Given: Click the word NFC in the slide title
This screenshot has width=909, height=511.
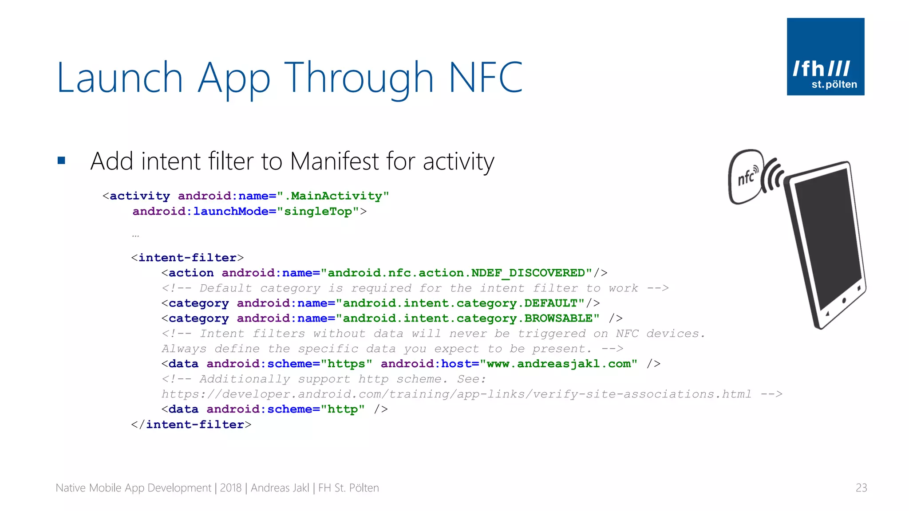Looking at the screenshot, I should coord(486,78).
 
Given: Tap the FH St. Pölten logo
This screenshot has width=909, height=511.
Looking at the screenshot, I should coord(825,57).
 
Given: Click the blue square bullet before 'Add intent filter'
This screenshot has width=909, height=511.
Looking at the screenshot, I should coord(61,161).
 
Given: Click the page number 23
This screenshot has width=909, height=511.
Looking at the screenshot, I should coord(861,488).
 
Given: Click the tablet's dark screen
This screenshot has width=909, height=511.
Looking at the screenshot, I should coord(828,240).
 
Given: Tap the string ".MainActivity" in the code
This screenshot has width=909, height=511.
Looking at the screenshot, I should coord(333,196).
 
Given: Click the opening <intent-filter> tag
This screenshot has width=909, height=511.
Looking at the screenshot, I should coord(187,258).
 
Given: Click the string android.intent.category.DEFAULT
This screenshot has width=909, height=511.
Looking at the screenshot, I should coord(460,303).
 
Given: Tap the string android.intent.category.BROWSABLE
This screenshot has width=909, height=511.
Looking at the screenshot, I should coord(467,318).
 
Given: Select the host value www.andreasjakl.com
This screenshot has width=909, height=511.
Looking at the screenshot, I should coord(558,364).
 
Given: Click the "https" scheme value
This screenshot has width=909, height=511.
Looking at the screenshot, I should coord(346,364).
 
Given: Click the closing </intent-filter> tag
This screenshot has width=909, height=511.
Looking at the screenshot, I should coord(191,425).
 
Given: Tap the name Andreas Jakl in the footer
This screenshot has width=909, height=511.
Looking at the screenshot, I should coord(280,488).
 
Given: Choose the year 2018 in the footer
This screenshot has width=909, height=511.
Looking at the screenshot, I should coord(230,488).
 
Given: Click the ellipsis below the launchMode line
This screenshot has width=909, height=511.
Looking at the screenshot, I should coord(135,236).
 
